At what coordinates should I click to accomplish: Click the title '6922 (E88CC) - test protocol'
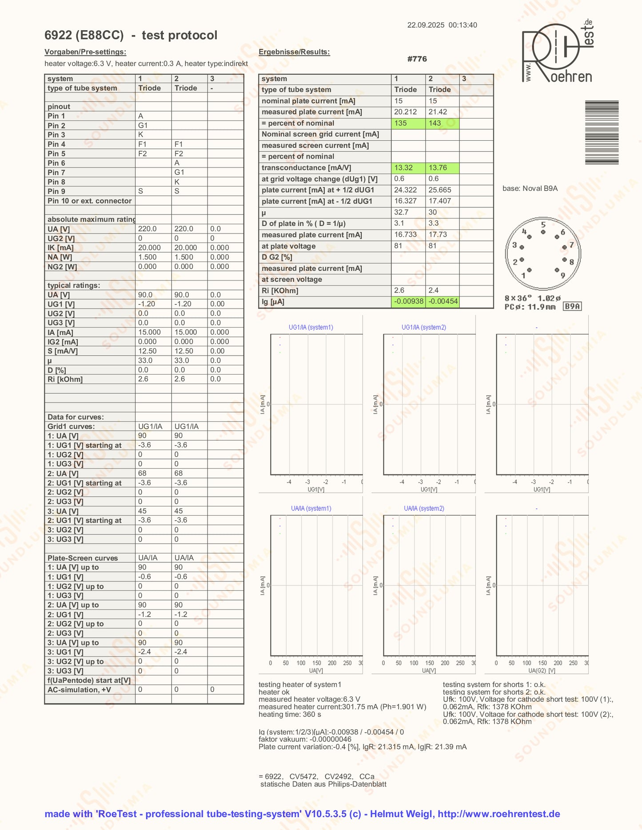pos(131,36)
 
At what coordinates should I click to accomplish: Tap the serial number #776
pos(417,59)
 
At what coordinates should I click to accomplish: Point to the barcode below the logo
pos(602,133)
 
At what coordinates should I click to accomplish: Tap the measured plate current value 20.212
pos(405,112)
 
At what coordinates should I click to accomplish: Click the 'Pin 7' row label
pos(56,172)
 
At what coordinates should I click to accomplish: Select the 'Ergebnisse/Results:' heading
pos(294,52)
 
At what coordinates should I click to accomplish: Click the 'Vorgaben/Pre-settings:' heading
pos(85,52)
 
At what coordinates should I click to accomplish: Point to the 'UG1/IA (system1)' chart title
pos(311,328)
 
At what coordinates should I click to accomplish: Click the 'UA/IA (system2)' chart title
pos(424,509)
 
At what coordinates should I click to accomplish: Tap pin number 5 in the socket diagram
pos(543,225)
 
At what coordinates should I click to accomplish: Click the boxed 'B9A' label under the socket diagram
pos(572,306)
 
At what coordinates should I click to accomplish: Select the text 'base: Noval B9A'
pos(530,189)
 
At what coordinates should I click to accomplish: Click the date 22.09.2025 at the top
pos(426,25)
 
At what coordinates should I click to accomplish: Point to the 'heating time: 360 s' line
pos(290,715)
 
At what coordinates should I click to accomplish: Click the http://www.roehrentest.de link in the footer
pos(498,814)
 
